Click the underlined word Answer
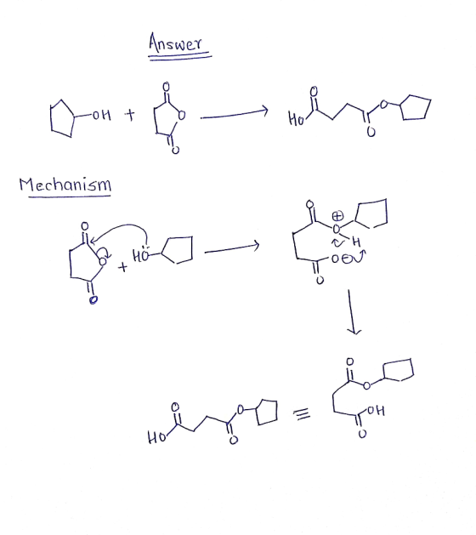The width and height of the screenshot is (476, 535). tap(175, 43)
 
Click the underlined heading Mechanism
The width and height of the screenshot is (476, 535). tap(65, 185)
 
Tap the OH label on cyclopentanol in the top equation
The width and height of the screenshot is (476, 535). tap(102, 116)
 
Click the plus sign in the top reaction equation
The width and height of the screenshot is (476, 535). tap(129, 115)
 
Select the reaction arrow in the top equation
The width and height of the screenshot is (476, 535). tap(235, 114)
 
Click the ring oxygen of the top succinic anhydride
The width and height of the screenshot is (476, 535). tap(182, 116)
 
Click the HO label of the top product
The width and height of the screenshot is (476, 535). tap(296, 119)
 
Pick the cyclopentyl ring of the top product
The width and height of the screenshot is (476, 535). tap(416, 107)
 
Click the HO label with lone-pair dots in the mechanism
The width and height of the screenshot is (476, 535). tap(140, 254)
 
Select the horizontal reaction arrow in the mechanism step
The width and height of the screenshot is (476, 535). tap(232, 248)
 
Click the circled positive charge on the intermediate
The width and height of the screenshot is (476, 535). tap(337, 216)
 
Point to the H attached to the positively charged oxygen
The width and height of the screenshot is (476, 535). tap(356, 242)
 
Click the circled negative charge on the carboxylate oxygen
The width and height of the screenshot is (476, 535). tap(347, 259)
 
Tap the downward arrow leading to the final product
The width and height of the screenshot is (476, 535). tap(351, 312)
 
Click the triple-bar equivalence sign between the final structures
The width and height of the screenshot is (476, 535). tap(302, 414)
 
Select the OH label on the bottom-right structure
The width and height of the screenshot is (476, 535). tap(376, 410)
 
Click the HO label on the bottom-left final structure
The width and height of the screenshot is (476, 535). tap(156, 437)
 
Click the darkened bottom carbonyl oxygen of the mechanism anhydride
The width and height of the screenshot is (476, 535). tap(93, 300)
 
